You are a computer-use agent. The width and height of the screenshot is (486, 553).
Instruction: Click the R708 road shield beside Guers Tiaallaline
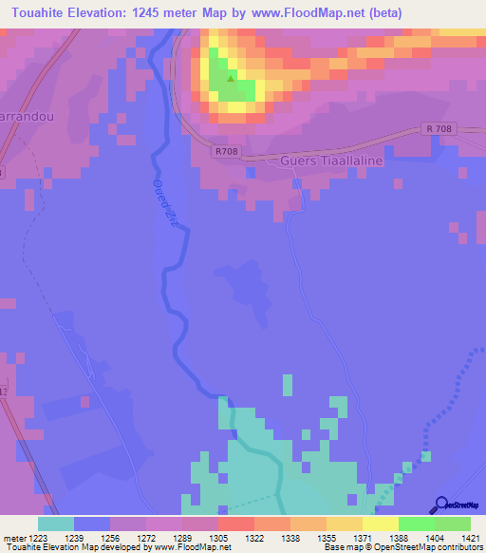[x=227, y=151]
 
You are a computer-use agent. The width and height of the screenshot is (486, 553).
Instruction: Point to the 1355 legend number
[x=325, y=539]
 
